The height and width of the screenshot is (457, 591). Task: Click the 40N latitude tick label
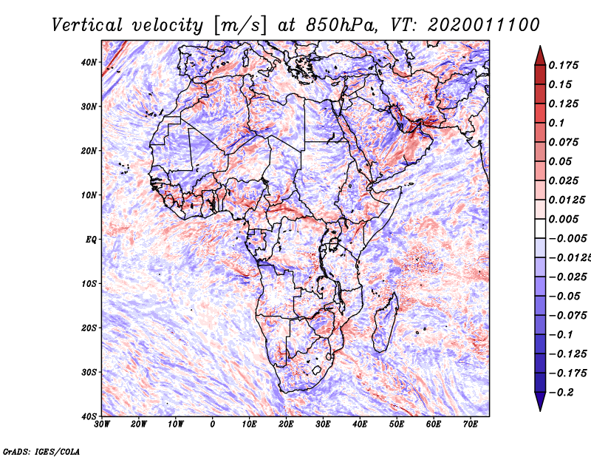click(89, 62)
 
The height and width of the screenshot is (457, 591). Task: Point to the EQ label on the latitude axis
click(91, 240)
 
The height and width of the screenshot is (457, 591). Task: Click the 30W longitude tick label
click(102, 424)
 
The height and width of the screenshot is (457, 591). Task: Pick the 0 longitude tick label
click(213, 424)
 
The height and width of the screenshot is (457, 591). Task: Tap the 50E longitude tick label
click(397, 424)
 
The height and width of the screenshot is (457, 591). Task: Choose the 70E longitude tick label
click(471, 424)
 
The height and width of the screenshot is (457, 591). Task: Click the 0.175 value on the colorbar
click(564, 66)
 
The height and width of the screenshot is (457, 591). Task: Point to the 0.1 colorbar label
click(557, 123)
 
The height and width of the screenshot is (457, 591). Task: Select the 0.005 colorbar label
click(564, 219)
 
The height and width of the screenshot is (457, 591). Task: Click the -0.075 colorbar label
click(567, 316)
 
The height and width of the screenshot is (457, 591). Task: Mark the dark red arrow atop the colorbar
click(540, 56)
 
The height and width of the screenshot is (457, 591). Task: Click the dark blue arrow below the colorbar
click(540, 402)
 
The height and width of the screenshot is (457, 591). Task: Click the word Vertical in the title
click(87, 25)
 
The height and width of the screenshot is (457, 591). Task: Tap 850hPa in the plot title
click(341, 25)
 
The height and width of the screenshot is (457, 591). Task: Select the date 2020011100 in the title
click(484, 25)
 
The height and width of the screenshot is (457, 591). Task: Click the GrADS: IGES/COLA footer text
click(41, 452)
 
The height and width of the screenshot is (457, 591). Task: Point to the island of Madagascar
click(386, 322)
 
